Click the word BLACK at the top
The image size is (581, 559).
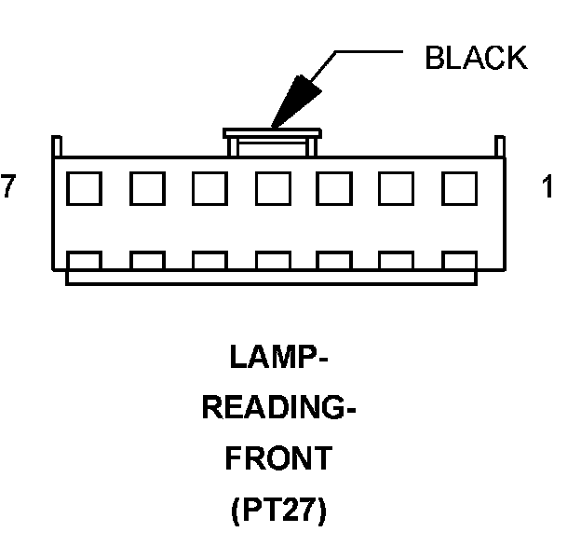pos(475,59)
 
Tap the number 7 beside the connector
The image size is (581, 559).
pos(8,188)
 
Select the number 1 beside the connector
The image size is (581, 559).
pos(547,188)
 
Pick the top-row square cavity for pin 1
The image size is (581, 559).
pos(459,189)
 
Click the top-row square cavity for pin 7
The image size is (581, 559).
pos(86,189)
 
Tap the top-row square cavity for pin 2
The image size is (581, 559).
pos(397,189)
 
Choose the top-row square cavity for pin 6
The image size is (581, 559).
pos(148,189)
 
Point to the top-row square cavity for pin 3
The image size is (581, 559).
pos(334,189)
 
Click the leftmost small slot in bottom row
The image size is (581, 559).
pos(86,260)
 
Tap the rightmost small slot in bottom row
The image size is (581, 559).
pos(459,260)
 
